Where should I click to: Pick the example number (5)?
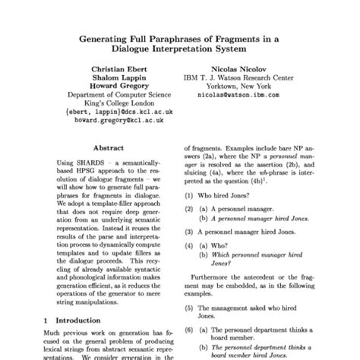193,310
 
